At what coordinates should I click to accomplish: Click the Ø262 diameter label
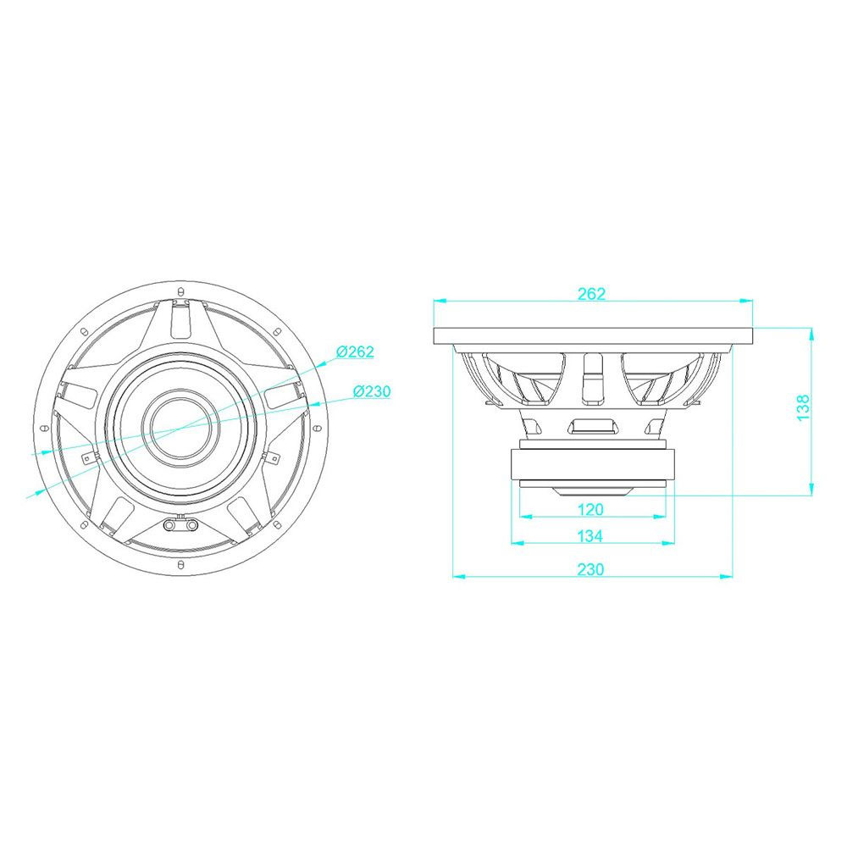(x=355, y=352)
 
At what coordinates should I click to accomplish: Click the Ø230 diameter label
(x=372, y=391)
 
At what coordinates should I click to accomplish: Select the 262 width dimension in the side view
(x=591, y=294)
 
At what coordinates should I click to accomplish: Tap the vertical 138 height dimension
(x=803, y=408)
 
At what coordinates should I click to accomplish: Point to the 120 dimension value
(x=590, y=509)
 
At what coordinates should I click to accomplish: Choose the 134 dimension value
(x=590, y=536)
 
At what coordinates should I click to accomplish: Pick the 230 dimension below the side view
(x=590, y=569)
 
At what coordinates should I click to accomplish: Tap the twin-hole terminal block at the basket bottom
(x=180, y=524)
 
